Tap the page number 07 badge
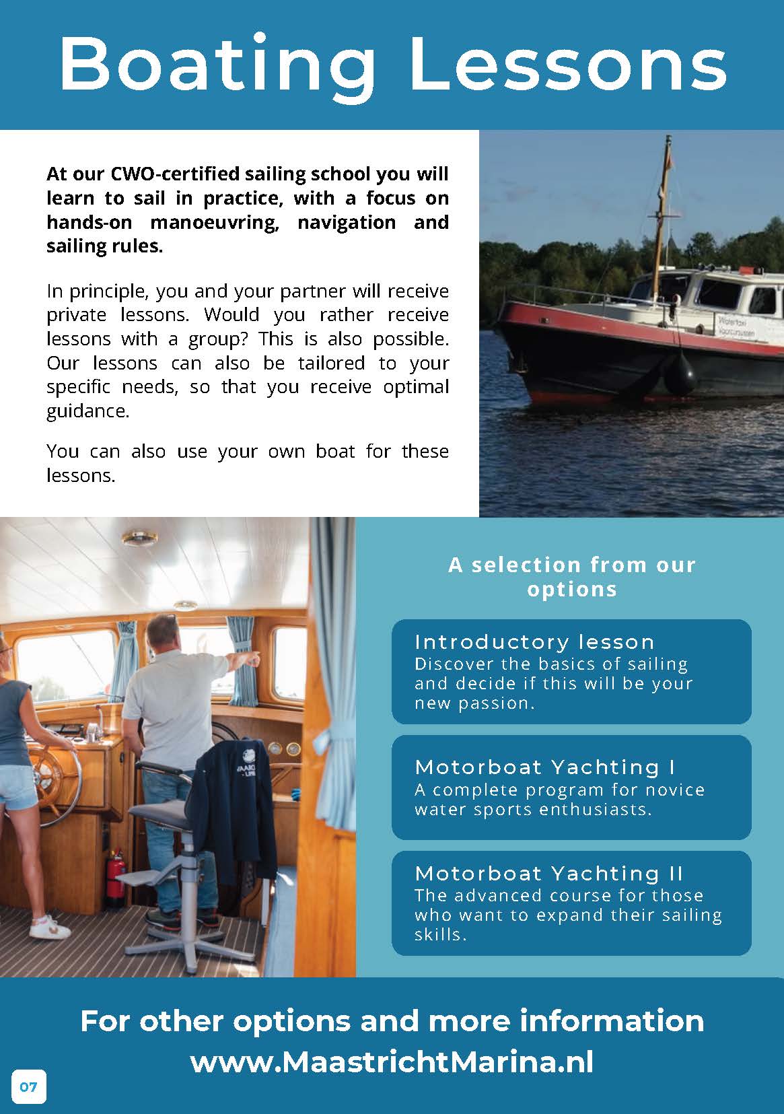29,1086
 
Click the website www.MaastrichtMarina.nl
392,1063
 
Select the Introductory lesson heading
534,641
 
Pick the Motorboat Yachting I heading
545,767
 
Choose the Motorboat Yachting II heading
549,873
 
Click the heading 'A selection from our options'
572,576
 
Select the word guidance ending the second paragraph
87,411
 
